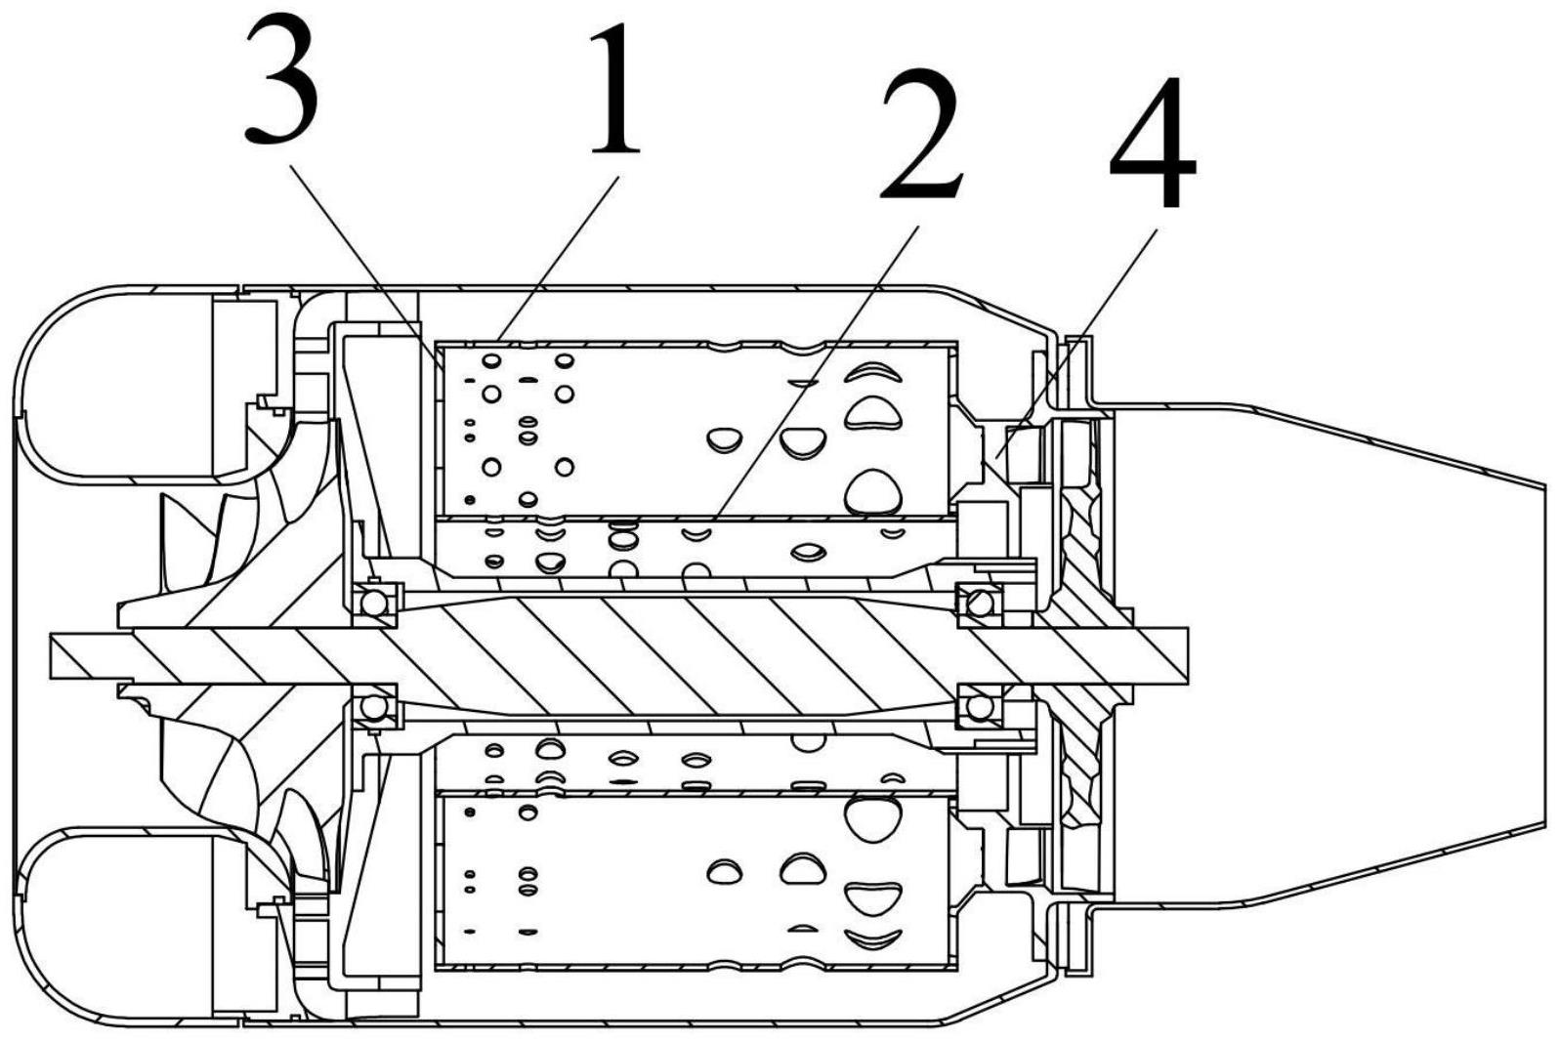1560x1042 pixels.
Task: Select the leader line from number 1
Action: point(557,259)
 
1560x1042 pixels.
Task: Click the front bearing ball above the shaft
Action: point(374,604)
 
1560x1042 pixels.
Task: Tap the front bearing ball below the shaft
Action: point(374,705)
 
